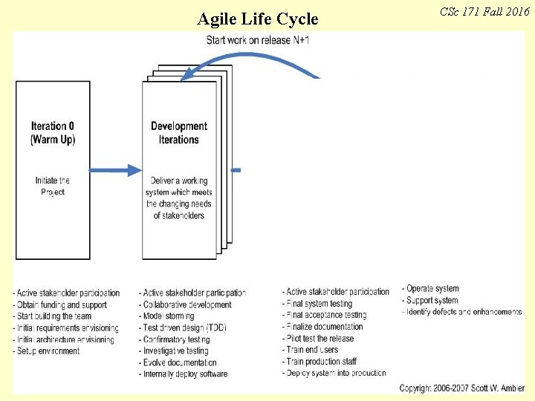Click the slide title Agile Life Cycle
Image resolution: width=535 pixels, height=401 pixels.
[257, 19]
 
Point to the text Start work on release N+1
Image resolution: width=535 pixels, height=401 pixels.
[258, 39]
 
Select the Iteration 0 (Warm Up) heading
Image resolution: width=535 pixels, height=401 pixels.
[53, 133]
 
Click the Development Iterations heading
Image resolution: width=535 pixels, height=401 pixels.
[179, 133]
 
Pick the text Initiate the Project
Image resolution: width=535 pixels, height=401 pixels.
[53, 186]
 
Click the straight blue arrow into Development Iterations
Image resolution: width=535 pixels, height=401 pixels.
[116, 170]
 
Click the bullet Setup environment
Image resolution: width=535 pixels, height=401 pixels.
[47, 351]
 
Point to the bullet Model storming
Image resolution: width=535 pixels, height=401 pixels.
[167, 316]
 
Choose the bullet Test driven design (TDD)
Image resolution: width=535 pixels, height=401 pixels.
[184, 328]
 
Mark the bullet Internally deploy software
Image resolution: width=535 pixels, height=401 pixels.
[184, 374]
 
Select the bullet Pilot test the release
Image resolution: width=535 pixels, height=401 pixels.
[320, 339]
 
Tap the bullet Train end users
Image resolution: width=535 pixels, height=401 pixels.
[311, 350]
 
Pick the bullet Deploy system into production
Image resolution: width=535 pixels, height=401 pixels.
[335, 373]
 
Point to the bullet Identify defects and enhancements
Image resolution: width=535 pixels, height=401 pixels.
[463, 312]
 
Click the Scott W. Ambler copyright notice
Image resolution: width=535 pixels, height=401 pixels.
[461, 388]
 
